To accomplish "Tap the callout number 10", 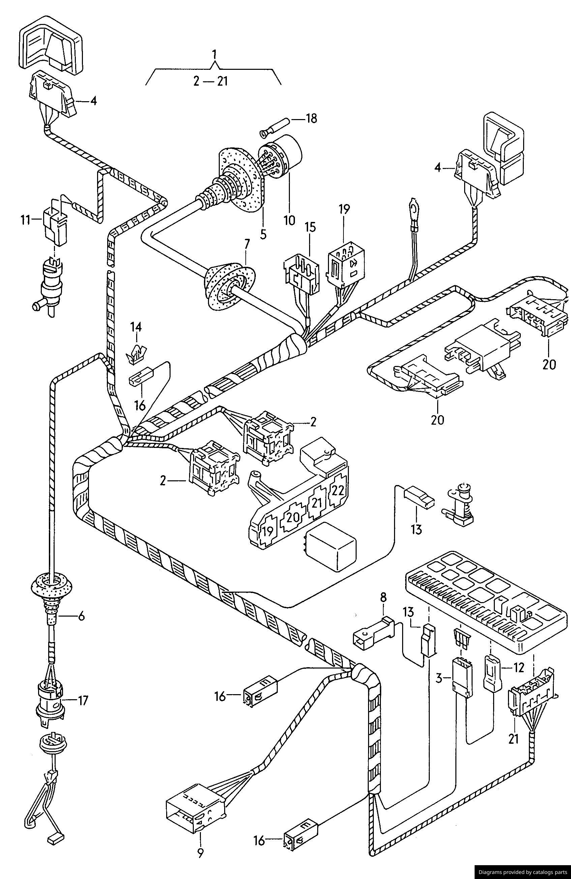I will [289, 221].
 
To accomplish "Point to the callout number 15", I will [310, 227].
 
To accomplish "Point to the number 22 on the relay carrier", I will [338, 490].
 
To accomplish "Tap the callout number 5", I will [263, 234].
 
